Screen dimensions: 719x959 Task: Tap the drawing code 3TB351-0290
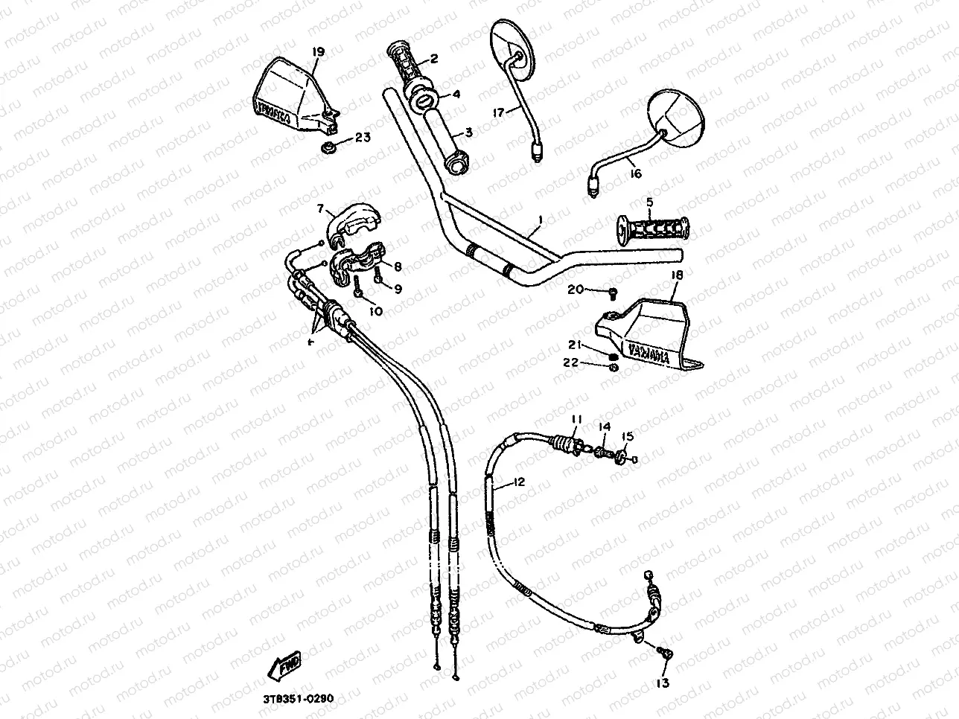298,699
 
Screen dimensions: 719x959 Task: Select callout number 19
318,52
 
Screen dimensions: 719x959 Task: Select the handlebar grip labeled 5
653,227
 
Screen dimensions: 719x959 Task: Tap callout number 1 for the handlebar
541,220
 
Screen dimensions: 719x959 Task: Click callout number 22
571,362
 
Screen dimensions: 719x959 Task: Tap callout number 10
375,311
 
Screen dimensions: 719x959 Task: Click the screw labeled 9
380,278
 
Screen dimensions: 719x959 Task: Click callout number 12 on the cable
519,482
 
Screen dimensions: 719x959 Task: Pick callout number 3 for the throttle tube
469,132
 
